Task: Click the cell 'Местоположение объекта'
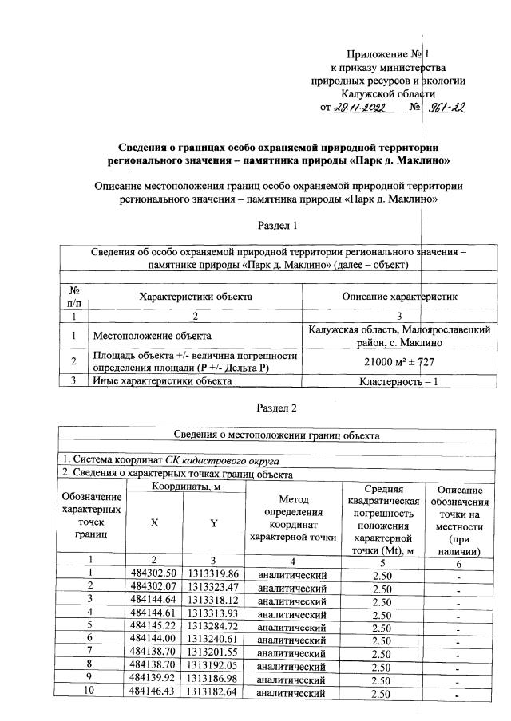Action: [x=152, y=336]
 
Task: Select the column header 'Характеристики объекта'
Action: [x=196, y=296]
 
